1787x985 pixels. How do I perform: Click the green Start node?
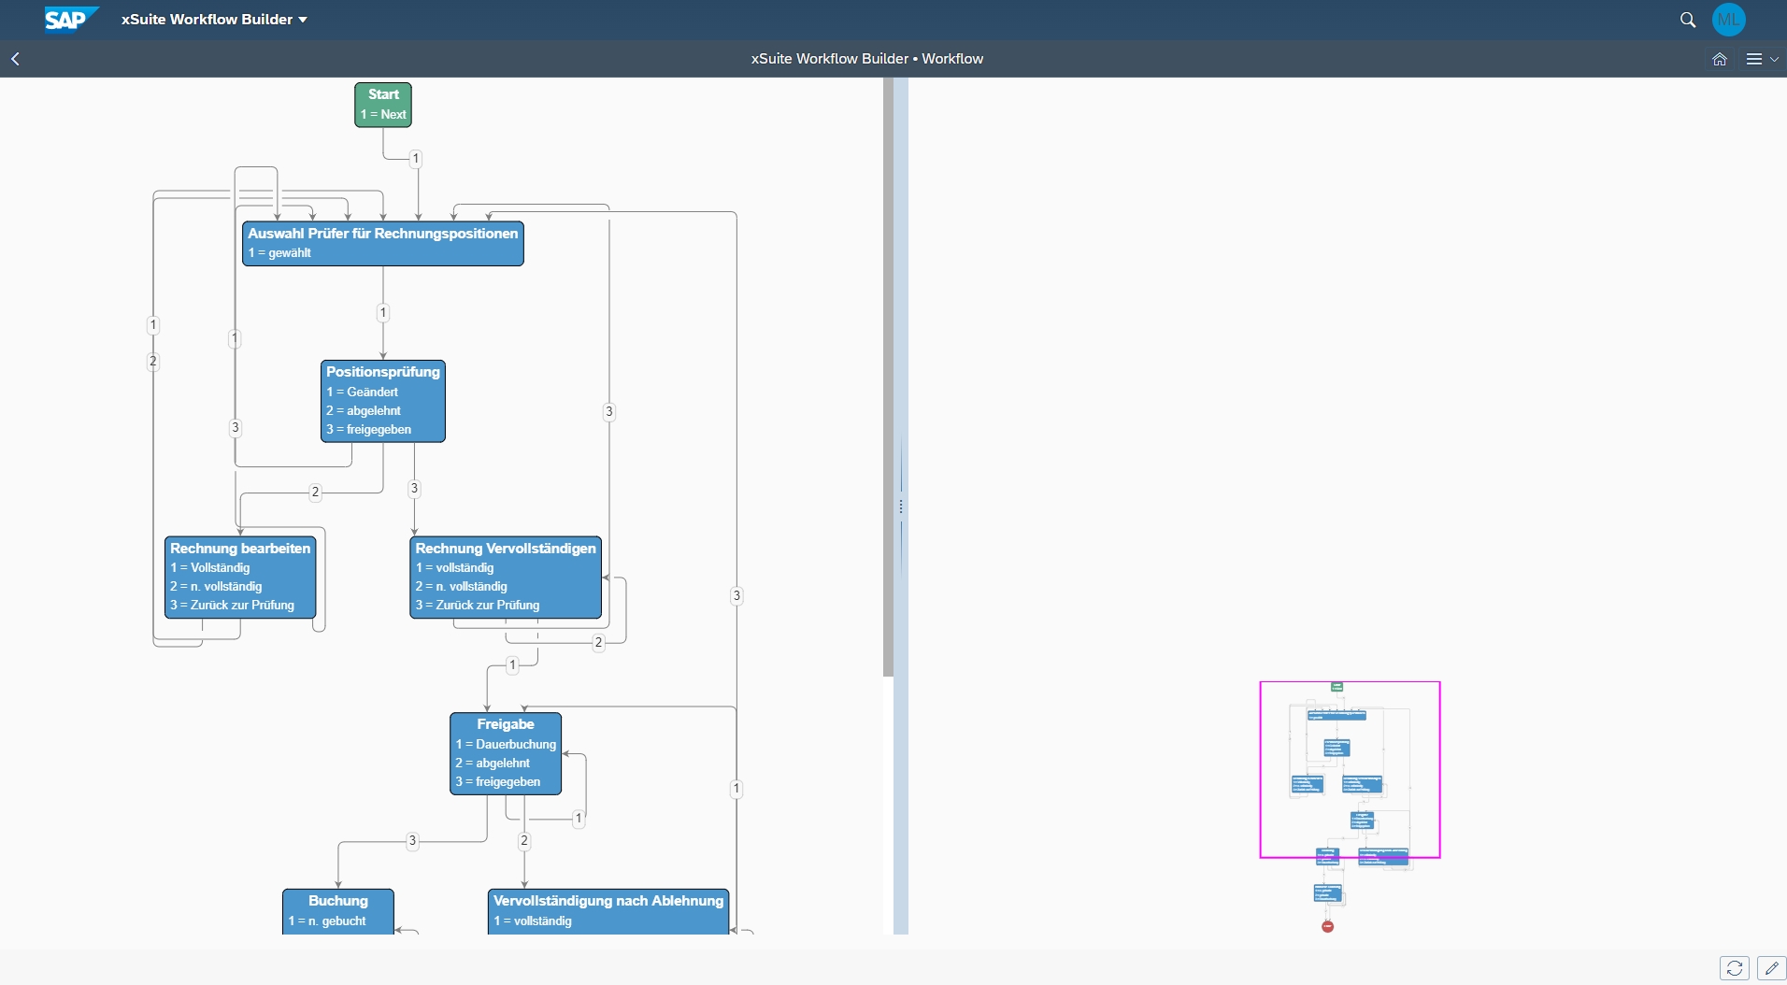[x=383, y=104]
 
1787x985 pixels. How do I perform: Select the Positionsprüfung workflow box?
[x=383, y=401]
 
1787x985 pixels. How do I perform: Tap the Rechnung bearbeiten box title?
[x=240, y=549]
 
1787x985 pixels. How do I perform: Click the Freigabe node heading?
[x=506, y=724]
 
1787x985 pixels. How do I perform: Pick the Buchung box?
[x=338, y=910]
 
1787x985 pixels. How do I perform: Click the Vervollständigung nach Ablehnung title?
[x=608, y=901]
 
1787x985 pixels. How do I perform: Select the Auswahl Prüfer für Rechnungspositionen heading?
[x=383, y=234]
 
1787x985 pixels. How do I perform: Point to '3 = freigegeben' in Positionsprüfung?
[x=369, y=430]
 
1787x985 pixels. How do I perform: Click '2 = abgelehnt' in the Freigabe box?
[x=493, y=764]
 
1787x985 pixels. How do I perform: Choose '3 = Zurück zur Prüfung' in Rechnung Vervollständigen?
[x=479, y=606]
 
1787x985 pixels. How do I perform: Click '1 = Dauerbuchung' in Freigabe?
[x=507, y=745]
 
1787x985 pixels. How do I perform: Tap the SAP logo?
[x=68, y=20]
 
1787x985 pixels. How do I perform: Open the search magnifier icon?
[x=1688, y=20]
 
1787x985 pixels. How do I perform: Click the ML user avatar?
[x=1729, y=20]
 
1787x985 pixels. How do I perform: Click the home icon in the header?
[x=1719, y=59]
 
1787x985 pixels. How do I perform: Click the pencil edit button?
[x=1771, y=968]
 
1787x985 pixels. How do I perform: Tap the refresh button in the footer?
[x=1735, y=968]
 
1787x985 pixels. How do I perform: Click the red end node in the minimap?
[x=1328, y=926]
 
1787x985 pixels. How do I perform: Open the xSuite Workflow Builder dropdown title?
[x=214, y=20]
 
